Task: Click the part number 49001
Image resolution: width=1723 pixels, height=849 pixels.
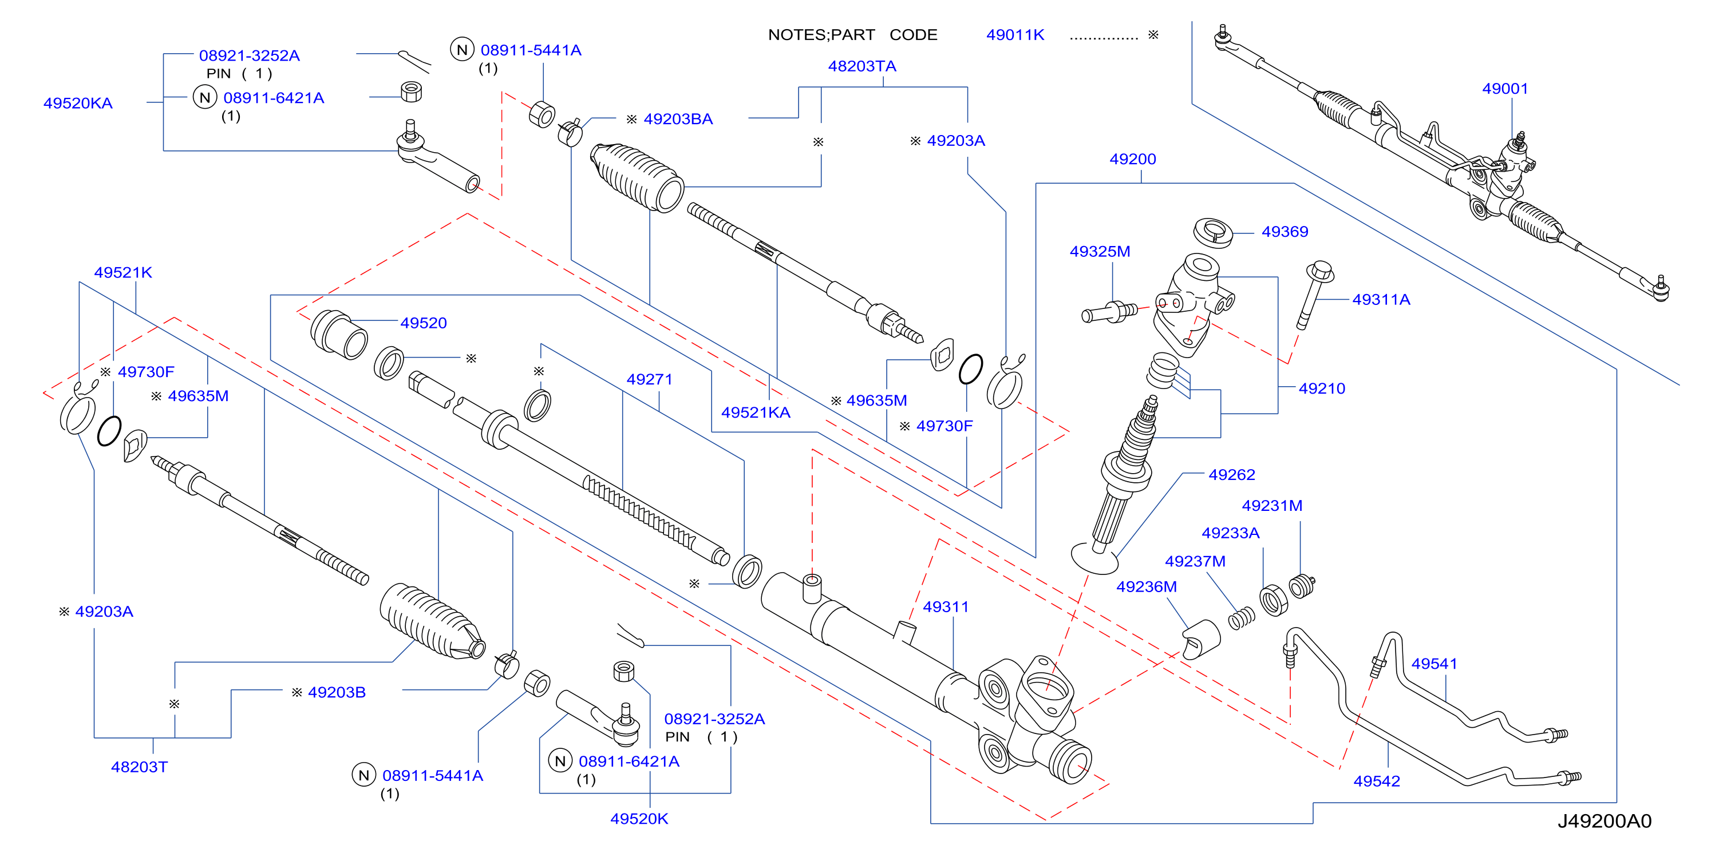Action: point(1505,89)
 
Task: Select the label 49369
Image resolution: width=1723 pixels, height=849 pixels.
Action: point(1284,232)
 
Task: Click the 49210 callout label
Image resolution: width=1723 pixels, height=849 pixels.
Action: point(1322,389)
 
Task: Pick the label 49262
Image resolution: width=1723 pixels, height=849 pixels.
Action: point(1231,475)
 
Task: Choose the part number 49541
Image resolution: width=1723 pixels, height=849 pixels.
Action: point(1434,664)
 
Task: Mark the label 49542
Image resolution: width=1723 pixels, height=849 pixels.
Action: point(1377,781)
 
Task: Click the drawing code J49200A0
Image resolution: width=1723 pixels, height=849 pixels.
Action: point(1605,822)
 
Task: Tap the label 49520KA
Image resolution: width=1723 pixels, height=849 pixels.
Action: point(78,104)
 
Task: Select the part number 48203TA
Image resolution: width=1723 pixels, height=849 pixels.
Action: point(862,66)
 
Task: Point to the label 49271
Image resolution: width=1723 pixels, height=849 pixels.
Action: point(649,380)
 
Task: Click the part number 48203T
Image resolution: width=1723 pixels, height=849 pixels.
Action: point(139,767)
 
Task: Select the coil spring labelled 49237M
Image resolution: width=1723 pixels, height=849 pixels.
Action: point(1242,619)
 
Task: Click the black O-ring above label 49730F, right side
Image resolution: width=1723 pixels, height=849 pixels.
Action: point(970,369)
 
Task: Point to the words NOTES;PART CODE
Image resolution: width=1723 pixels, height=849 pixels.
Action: point(853,35)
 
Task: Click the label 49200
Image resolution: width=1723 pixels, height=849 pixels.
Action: point(1132,160)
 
